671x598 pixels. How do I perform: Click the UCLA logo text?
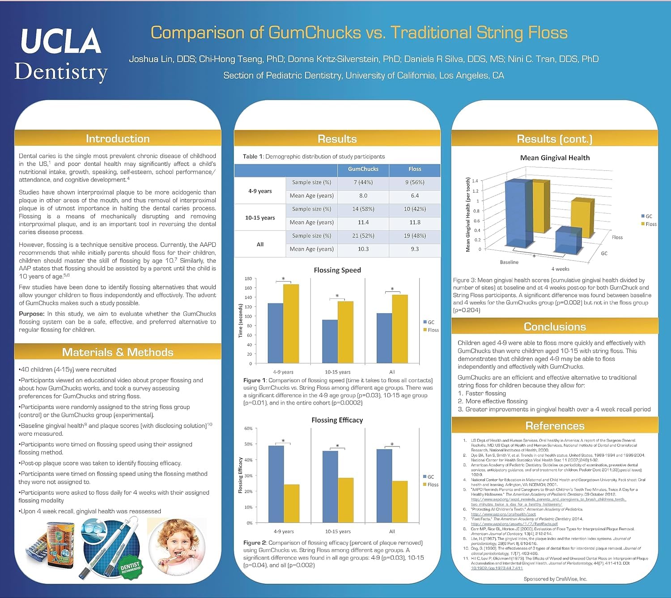click(x=61, y=41)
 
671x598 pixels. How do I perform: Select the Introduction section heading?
click(x=118, y=139)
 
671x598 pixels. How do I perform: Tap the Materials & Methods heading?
click(x=118, y=352)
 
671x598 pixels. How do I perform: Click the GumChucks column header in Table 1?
click(x=363, y=169)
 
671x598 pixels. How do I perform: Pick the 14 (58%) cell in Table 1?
click(x=363, y=209)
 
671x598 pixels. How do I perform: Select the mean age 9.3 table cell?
click(x=415, y=249)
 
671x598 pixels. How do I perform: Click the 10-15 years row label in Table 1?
click(x=260, y=218)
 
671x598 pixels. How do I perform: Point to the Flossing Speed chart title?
click(x=337, y=270)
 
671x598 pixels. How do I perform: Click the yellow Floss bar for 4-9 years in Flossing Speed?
click(x=291, y=324)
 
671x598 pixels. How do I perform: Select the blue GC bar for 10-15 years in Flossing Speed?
click(x=330, y=341)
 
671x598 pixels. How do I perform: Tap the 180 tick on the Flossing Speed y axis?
click(x=248, y=278)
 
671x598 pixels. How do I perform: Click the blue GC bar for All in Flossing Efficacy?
click(x=384, y=486)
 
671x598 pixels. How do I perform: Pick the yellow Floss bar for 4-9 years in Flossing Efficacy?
click(x=292, y=503)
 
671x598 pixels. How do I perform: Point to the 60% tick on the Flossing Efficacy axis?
click(x=248, y=429)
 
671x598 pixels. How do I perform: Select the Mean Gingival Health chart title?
click(x=555, y=158)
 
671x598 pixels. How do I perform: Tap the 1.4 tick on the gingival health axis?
click(x=475, y=181)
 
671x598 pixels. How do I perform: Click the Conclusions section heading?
click(x=555, y=327)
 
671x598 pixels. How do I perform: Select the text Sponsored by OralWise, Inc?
click(x=555, y=579)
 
